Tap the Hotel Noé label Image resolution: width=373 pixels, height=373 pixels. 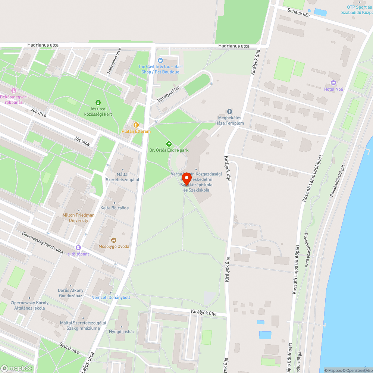click(333, 89)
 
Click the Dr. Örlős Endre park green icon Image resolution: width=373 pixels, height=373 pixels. click(169, 144)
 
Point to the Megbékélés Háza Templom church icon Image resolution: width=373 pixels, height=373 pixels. click(230, 112)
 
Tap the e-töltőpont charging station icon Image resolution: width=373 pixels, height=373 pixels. click(78, 247)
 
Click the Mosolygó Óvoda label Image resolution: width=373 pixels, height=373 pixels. click(114, 246)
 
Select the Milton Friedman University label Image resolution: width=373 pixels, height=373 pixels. click(79, 218)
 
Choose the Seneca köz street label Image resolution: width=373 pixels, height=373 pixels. click(298, 13)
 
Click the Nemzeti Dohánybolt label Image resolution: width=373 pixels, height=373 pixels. click(111, 297)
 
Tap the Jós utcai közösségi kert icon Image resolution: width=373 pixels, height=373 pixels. click(98, 102)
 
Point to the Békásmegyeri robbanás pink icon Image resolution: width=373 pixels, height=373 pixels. click(14, 90)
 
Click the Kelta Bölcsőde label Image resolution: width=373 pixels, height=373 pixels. click(115, 208)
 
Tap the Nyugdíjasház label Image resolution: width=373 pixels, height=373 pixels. click(122, 331)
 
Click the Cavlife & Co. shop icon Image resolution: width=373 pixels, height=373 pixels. click(161, 60)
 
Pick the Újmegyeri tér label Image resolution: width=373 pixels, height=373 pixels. click(168, 95)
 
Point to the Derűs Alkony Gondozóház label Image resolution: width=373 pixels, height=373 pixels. click(71, 293)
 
